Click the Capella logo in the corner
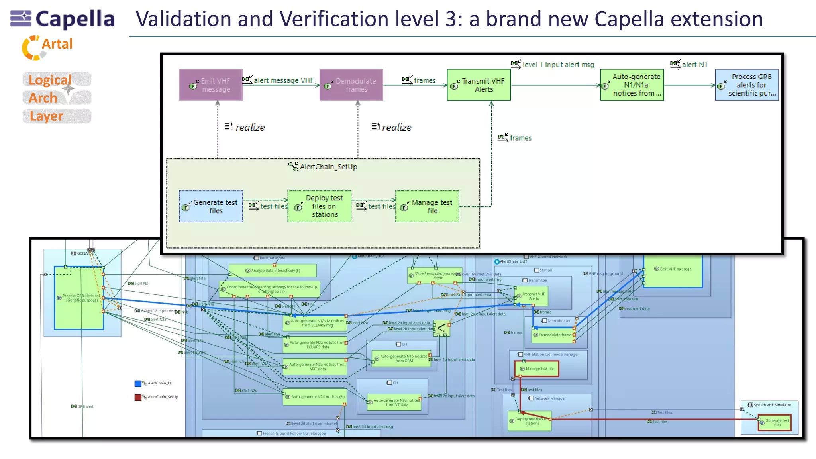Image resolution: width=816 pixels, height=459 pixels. coord(62,19)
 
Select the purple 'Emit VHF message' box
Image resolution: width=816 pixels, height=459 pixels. coord(211,85)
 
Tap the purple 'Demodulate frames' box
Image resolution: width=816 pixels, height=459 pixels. coord(351,85)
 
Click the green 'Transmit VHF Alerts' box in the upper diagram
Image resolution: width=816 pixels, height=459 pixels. coord(479,85)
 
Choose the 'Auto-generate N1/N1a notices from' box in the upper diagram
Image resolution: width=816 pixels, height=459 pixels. coord(632,85)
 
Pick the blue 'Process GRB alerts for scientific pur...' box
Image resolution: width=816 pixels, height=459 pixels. coord(747,85)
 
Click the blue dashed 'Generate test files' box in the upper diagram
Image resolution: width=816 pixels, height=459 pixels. coord(211,206)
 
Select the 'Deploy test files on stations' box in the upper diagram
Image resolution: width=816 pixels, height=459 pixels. coord(320,206)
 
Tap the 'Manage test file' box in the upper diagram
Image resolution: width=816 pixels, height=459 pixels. coord(427,206)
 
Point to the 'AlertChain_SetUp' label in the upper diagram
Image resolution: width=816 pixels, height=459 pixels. coord(328,167)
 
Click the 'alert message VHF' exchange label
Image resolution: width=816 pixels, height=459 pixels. coord(283,80)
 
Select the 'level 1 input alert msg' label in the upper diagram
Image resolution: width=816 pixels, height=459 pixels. coord(558,65)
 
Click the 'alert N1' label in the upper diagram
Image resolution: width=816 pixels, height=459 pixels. coord(694,65)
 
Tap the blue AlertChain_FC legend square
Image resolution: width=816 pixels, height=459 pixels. coord(138,383)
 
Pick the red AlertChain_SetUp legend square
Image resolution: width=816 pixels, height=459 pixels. coord(138,397)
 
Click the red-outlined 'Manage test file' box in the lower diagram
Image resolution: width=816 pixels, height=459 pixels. coord(537,369)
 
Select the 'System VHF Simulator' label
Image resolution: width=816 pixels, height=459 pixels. coord(772,405)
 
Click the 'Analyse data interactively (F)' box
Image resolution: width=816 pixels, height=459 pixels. coord(273,271)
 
